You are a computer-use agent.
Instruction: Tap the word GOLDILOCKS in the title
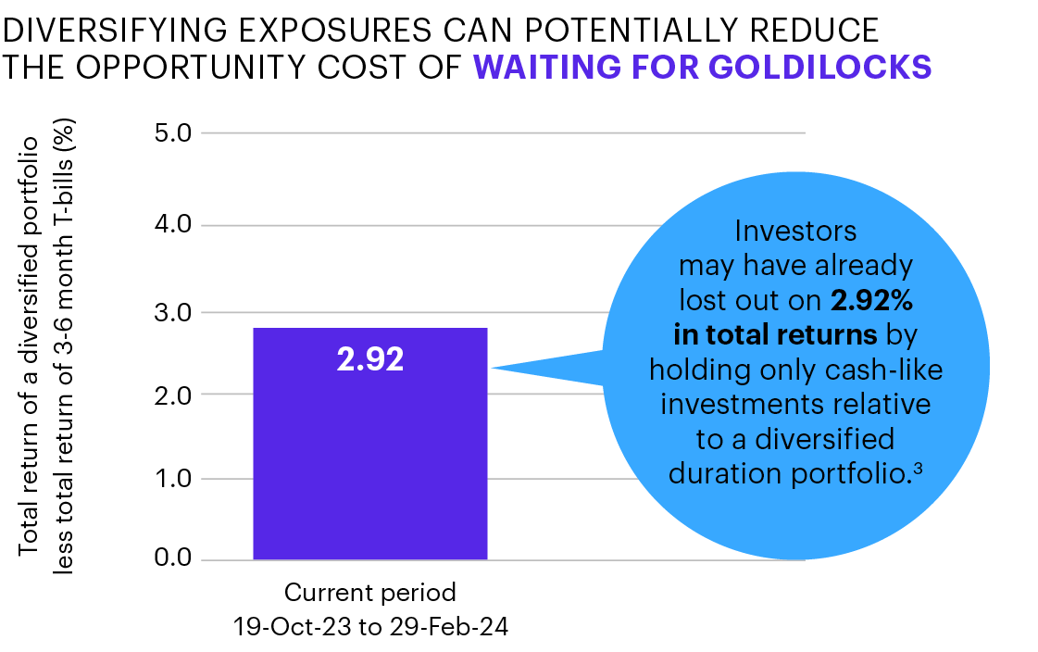coord(820,68)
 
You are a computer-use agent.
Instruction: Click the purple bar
coord(369,463)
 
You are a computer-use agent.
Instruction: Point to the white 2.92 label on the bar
coord(369,359)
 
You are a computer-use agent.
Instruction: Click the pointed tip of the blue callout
coord(494,368)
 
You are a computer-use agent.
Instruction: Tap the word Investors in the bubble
coord(794,231)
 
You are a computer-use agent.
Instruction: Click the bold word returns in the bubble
coord(832,335)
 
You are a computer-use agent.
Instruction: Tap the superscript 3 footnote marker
coord(917,468)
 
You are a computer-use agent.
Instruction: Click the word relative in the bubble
coord(888,404)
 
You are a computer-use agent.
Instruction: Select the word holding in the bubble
coord(696,370)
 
